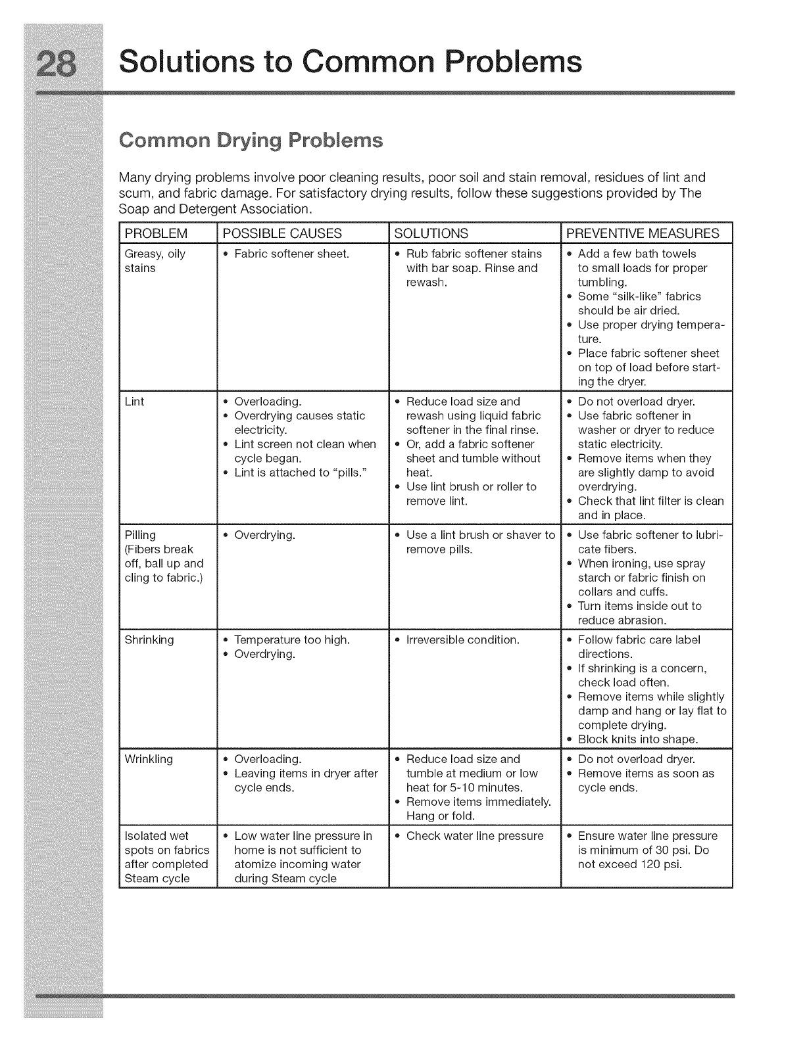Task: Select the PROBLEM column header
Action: pos(156,233)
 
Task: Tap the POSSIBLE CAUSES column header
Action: pos(282,233)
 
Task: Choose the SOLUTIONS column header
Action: pos(431,233)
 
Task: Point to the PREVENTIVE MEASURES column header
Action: pos(643,233)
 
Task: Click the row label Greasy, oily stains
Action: pos(155,261)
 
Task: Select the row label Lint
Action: pos(134,402)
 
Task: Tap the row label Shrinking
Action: pos(149,640)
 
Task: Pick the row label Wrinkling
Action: pos(149,759)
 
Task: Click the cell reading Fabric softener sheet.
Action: pos(291,254)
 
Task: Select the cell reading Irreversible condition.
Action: pos(463,640)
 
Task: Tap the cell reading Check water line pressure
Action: pos(475,836)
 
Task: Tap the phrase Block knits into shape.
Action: pos(637,739)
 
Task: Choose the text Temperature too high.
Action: pos(292,640)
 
